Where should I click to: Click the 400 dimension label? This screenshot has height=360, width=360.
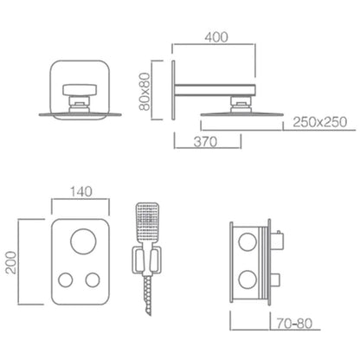(216, 37)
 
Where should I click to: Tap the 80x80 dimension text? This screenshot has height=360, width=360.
(145, 92)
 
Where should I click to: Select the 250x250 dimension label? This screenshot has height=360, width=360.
(320, 122)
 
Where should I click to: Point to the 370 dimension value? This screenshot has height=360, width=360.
(205, 142)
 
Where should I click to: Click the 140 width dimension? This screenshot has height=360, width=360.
(81, 191)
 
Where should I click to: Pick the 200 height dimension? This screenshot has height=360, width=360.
(11, 262)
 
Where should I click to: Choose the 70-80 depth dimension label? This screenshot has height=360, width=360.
(294, 324)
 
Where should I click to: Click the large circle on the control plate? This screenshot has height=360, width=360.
(83, 241)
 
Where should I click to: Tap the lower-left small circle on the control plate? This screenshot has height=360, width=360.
(66, 280)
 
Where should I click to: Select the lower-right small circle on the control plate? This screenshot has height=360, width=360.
(93, 280)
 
